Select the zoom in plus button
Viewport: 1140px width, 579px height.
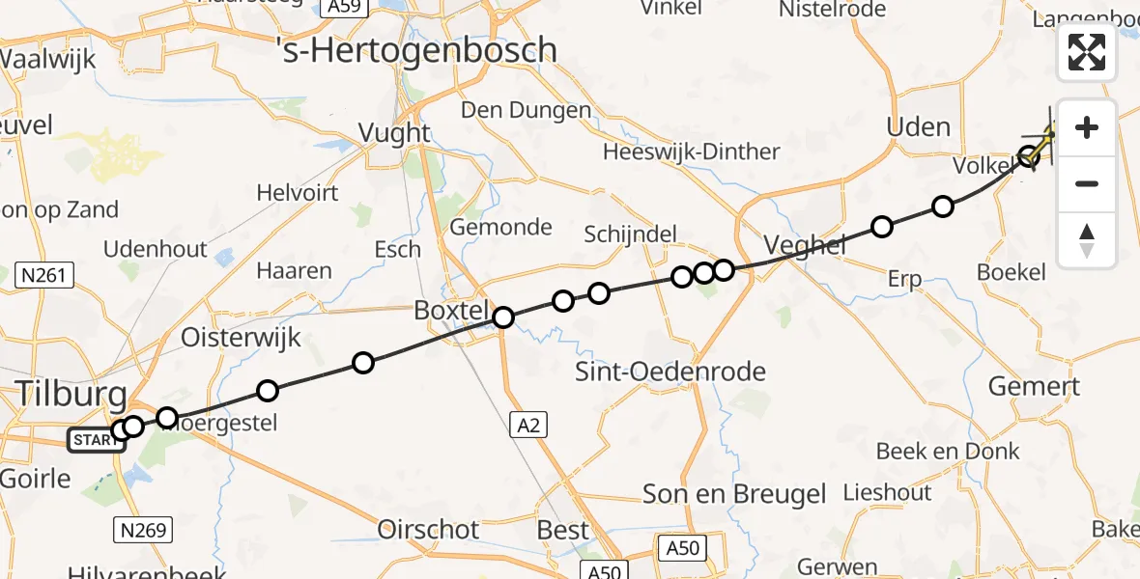click(x=1087, y=128)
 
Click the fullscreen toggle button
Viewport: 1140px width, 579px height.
click(x=1087, y=52)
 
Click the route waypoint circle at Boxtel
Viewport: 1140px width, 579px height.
click(x=503, y=317)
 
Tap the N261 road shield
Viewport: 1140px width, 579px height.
click(x=45, y=276)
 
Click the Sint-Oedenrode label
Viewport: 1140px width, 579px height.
click(x=670, y=372)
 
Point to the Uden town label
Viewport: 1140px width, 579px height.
click(x=918, y=127)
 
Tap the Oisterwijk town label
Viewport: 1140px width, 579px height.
click(x=242, y=338)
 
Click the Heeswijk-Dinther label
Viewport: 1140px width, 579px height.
click(x=691, y=152)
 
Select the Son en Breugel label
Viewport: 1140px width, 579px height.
click(x=735, y=495)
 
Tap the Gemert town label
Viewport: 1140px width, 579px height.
click(x=1034, y=387)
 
